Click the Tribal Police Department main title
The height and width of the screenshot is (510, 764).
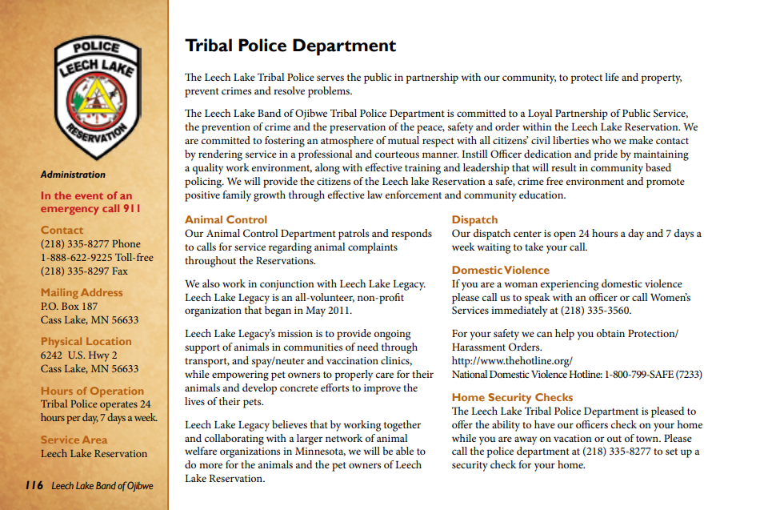(x=290, y=45)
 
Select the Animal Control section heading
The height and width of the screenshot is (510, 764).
(x=226, y=219)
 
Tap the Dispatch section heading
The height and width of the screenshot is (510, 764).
(x=474, y=219)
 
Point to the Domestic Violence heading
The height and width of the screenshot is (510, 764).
(x=500, y=270)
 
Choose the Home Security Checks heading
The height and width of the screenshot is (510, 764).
(x=512, y=397)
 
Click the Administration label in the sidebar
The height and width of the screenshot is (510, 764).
(x=73, y=175)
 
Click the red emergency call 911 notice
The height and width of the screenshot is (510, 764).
(x=90, y=202)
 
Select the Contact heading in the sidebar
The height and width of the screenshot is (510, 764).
(x=62, y=230)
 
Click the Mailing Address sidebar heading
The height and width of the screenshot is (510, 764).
(x=82, y=292)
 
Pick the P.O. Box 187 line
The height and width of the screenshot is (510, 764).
(x=69, y=306)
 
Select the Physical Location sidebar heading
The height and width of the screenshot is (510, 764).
(x=86, y=341)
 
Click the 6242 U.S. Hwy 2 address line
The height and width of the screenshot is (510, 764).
(x=79, y=355)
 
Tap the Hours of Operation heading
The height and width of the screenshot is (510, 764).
(x=92, y=391)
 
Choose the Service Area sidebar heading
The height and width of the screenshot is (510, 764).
(x=73, y=440)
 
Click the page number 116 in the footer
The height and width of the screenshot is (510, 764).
(x=34, y=485)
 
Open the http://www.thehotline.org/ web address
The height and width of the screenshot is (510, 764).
(x=512, y=361)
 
